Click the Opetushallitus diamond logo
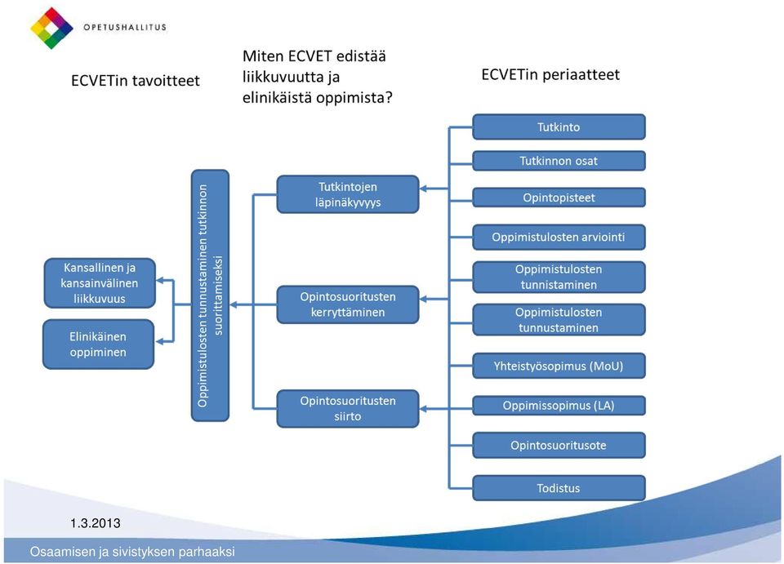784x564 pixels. (51, 28)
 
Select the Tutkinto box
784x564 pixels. (559, 127)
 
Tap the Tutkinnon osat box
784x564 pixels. (559, 161)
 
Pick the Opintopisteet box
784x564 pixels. (559, 198)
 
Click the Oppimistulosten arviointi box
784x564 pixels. (559, 237)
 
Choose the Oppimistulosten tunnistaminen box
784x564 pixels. (559, 277)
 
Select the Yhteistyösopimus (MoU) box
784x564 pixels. (559, 366)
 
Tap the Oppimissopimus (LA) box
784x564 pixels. (559, 405)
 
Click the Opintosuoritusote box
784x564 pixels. (559, 445)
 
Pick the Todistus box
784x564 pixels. (559, 488)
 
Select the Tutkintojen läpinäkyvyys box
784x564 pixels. (348, 194)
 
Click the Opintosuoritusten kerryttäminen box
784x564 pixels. (348, 304)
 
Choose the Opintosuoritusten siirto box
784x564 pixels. (348, 409)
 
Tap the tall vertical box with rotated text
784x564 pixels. (210, 295)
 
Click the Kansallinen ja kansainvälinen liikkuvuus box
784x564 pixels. (100, 282)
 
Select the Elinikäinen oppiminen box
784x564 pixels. (98, 344)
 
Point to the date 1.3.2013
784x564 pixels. (96, 523)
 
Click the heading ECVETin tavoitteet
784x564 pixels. (135, 81)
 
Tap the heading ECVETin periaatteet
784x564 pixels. (550, 74)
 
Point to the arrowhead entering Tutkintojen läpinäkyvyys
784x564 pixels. (423, 189)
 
